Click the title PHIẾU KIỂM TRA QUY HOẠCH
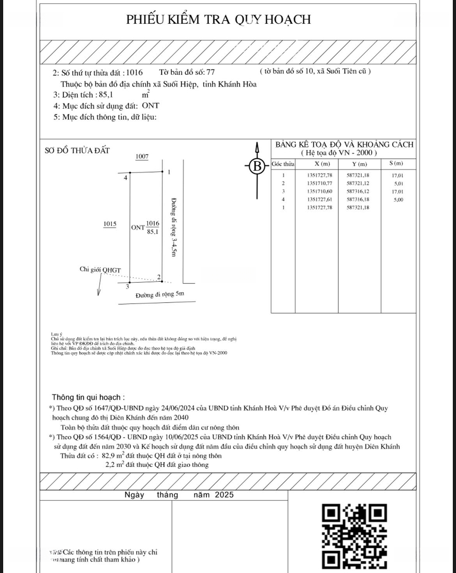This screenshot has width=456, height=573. pyautogui.click(x=218, y=20)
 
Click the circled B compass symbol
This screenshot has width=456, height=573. pyautogui.click(x=258, y=167)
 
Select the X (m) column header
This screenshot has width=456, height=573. pyautogui.click(x=322, y=163)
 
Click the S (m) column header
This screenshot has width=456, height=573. pyautogui.click(x=396, y=163)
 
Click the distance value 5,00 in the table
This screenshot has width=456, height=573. pyautogui.click(x=397, y=199)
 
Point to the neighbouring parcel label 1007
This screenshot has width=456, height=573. pyautogui.click(x=142, y=157)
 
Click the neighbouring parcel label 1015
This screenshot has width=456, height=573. pyautogui.click(x=110, y=224)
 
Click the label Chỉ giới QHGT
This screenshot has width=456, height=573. pyautogui.click(x=100, y=270)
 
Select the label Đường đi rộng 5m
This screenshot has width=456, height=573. pyautogui.click(x=159, y=294)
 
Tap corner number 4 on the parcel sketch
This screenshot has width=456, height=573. pyautogui.click(x=126, y=178)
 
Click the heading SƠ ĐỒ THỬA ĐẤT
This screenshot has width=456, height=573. pyautogui.click(x=77, y=151)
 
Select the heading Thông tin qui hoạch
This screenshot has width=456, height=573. pyautogui.click(x=89, y=397)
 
